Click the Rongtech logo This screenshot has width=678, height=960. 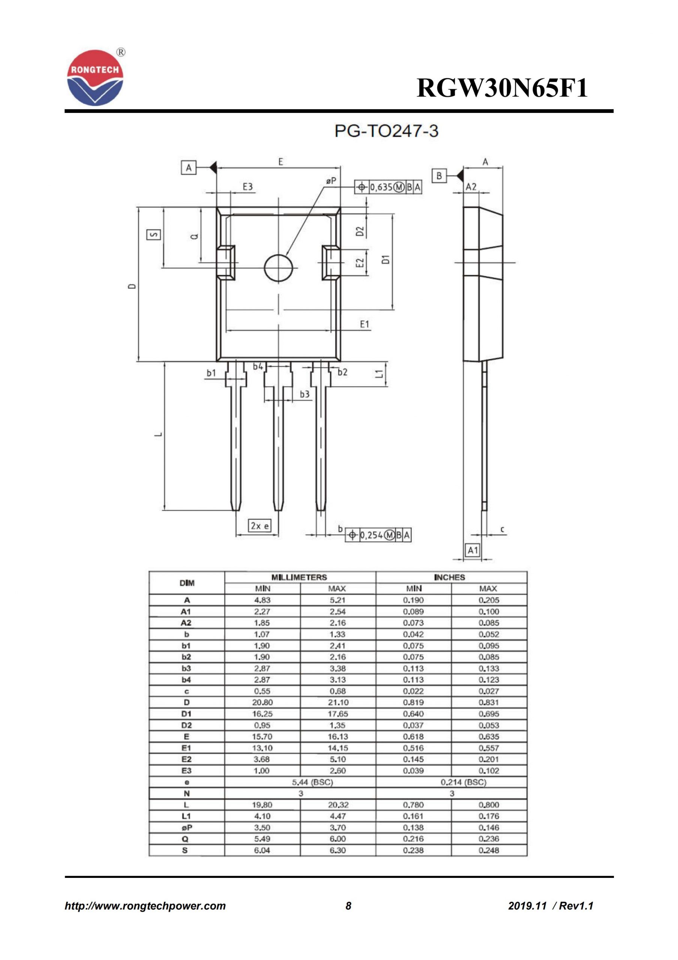(x=95, y=78)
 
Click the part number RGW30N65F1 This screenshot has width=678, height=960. (x=502, y=88)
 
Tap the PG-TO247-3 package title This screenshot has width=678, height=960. (x=387, y=131)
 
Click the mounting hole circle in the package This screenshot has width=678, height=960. (x=279, y=268)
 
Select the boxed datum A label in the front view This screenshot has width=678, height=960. (x=189, y=168)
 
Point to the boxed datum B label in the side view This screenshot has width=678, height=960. (x=439, y=175)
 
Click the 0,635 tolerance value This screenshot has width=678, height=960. (x=381, y=187)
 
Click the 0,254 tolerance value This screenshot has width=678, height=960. (x=371, y=535)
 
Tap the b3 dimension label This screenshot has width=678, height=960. (x=305, y=394)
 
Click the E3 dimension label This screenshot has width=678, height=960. (x=248, y=186)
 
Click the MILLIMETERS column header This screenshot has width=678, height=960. (x=299, y=577)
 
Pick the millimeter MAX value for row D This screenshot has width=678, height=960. (x=338, y=702)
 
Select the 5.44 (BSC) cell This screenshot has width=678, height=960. (x=312, y=782)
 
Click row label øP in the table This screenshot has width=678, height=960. (x=186, y=828)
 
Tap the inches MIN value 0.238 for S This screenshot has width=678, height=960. (x=413, y=850)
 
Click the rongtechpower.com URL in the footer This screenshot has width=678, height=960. (x=145, y=906)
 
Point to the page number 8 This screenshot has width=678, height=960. (x=348, y=906)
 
